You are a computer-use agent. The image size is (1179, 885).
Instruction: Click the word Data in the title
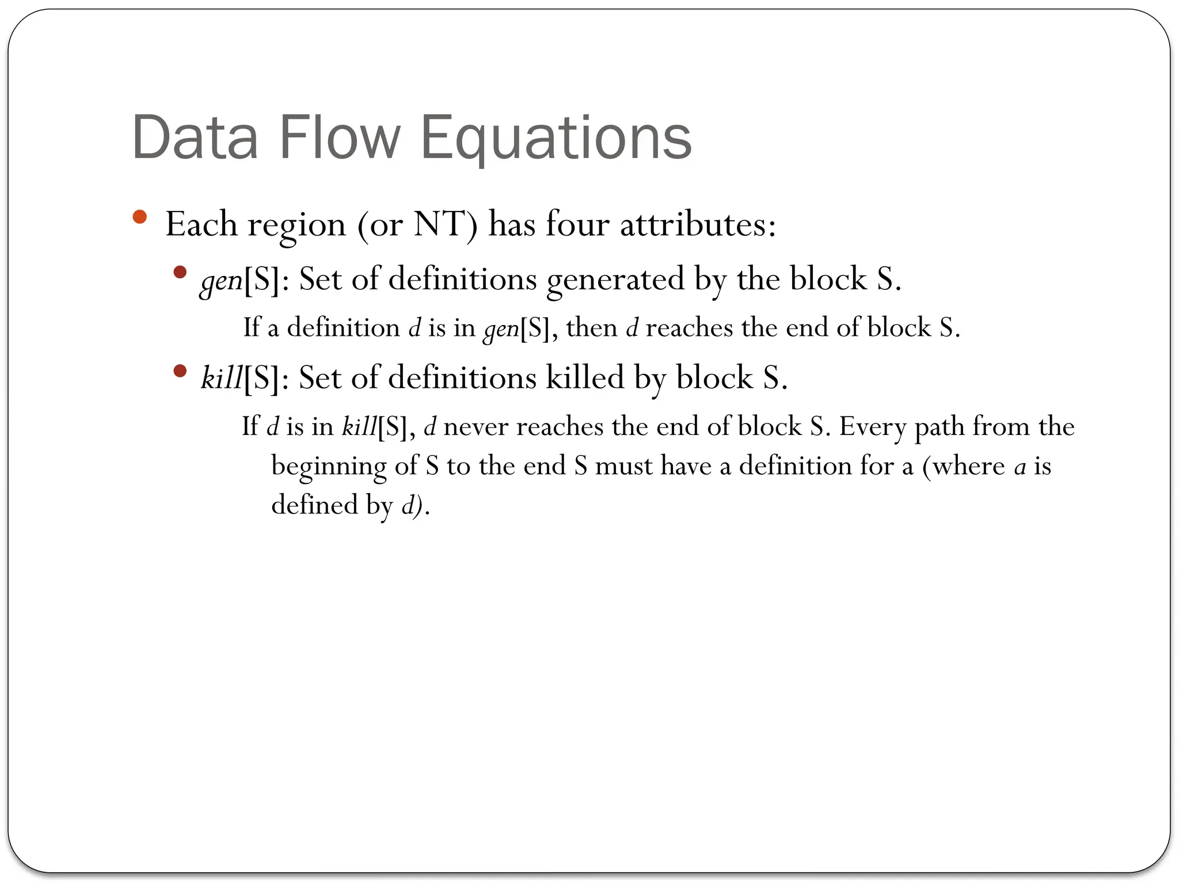click(x=195, y=138)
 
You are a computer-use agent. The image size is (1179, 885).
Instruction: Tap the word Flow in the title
click(x=340, y=138)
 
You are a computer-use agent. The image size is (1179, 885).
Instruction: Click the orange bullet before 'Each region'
click(x=139, y=217)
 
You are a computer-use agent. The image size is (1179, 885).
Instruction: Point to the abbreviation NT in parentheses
click(x=439, y=224)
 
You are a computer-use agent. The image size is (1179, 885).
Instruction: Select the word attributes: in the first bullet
click(x=698, y=224)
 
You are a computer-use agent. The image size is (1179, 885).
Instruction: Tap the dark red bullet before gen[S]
click(x=180, y=272)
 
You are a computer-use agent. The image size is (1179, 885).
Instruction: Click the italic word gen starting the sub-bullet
click(x=221, y=281)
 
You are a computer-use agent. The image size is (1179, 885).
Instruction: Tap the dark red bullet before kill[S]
click(x=180, y=370)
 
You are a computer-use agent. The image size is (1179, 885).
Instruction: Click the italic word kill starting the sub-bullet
click(x=221, y=378)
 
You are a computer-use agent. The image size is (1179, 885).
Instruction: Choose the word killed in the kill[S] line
click(x=585, y=378)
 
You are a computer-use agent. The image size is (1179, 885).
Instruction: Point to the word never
click(x=476, y=426)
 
